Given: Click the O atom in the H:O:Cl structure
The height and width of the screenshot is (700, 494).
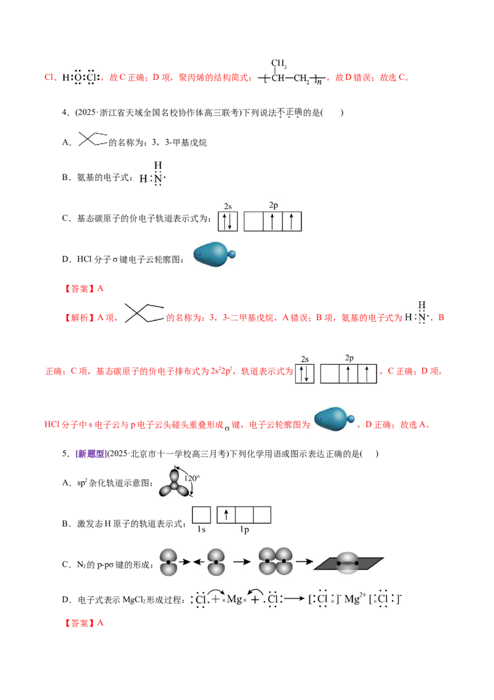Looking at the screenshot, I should coord(78,78).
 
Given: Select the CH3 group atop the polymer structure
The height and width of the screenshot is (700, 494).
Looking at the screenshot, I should coord(278,63).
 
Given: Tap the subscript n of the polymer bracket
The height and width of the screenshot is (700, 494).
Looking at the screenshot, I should coord(319,82).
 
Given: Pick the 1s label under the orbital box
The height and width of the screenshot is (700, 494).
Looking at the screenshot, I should coord(201,530).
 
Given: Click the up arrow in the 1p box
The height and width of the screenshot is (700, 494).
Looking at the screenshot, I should coord(227,514).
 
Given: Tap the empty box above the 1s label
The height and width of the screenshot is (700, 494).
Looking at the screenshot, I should coord(201,514).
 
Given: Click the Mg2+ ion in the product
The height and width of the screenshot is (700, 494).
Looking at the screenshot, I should coord(353,599).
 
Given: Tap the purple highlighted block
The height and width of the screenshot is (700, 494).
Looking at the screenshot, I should coord(91,453).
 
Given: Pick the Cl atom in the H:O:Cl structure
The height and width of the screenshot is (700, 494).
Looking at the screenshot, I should coord(92,78).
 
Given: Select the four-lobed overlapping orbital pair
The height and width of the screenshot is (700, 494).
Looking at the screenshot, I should coord(275,561).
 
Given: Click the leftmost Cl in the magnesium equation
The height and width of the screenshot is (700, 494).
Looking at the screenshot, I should coord(199,599).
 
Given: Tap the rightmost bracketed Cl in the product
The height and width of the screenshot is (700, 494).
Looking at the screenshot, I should coord(386,599).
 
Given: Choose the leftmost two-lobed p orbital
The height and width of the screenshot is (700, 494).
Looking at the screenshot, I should coord(168,562).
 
